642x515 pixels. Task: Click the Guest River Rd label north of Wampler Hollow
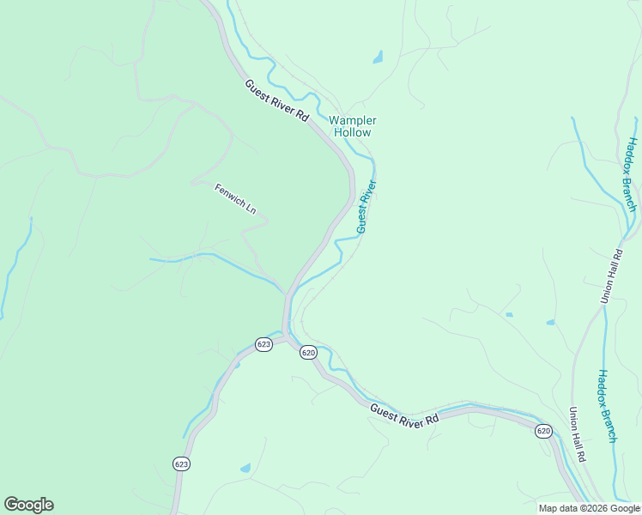[276, 101]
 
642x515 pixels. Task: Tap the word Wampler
[353, 121]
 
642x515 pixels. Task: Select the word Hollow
[353, 133]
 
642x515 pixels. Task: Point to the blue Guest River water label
[366, 206]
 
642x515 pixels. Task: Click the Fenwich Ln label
[235, 200]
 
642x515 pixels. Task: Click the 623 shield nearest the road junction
[263, 344]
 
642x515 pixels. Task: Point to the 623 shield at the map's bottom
[180, 463]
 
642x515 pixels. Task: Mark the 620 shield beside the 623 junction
[309, 353]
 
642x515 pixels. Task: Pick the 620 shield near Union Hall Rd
[543, 430]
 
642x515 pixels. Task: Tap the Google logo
[28, 505]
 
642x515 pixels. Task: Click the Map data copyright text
[589, 508]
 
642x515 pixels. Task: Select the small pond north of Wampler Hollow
[378, 58]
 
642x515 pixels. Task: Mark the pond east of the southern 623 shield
[245, 469]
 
